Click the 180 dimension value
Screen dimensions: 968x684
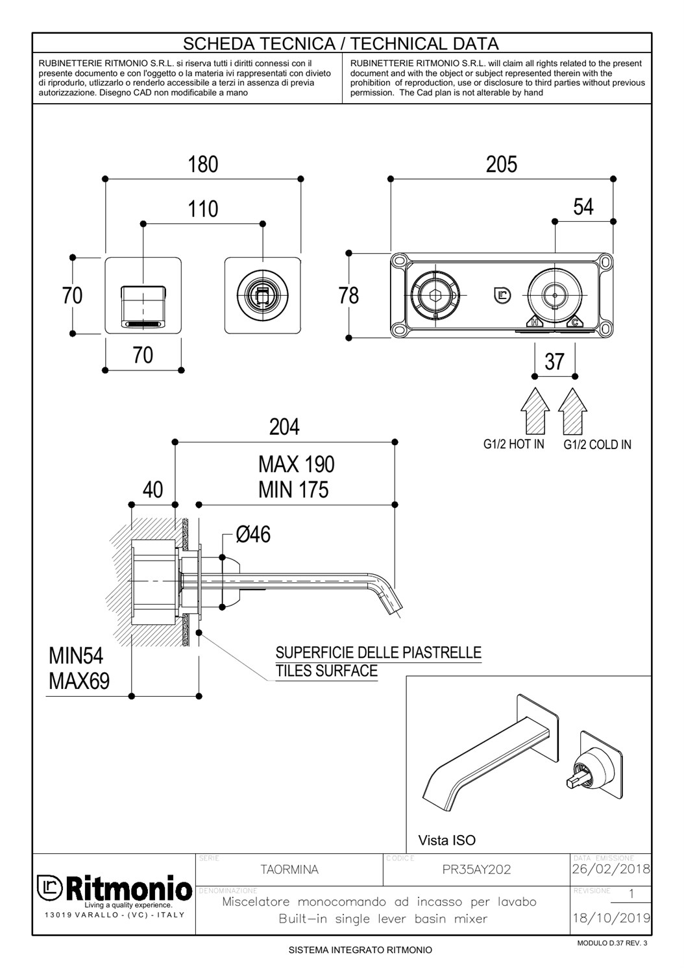203,165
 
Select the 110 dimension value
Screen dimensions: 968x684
203,210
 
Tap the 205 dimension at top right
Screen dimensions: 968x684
502,165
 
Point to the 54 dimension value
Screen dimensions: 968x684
583,207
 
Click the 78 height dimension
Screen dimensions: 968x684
348,296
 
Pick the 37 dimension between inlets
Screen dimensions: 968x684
554,361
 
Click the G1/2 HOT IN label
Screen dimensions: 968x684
514,444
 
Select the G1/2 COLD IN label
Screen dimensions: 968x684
597,445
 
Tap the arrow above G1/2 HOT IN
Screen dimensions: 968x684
535,410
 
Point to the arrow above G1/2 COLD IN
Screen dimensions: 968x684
572,410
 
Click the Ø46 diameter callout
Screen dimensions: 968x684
253,535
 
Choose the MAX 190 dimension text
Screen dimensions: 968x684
297,465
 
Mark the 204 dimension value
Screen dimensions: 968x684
285,427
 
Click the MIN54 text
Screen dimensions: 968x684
76,656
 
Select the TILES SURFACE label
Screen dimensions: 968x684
326,671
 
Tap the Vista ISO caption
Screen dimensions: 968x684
446,841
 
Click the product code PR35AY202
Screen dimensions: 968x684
476,870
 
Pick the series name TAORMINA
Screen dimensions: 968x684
289,870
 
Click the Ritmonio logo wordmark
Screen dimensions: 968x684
127,888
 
